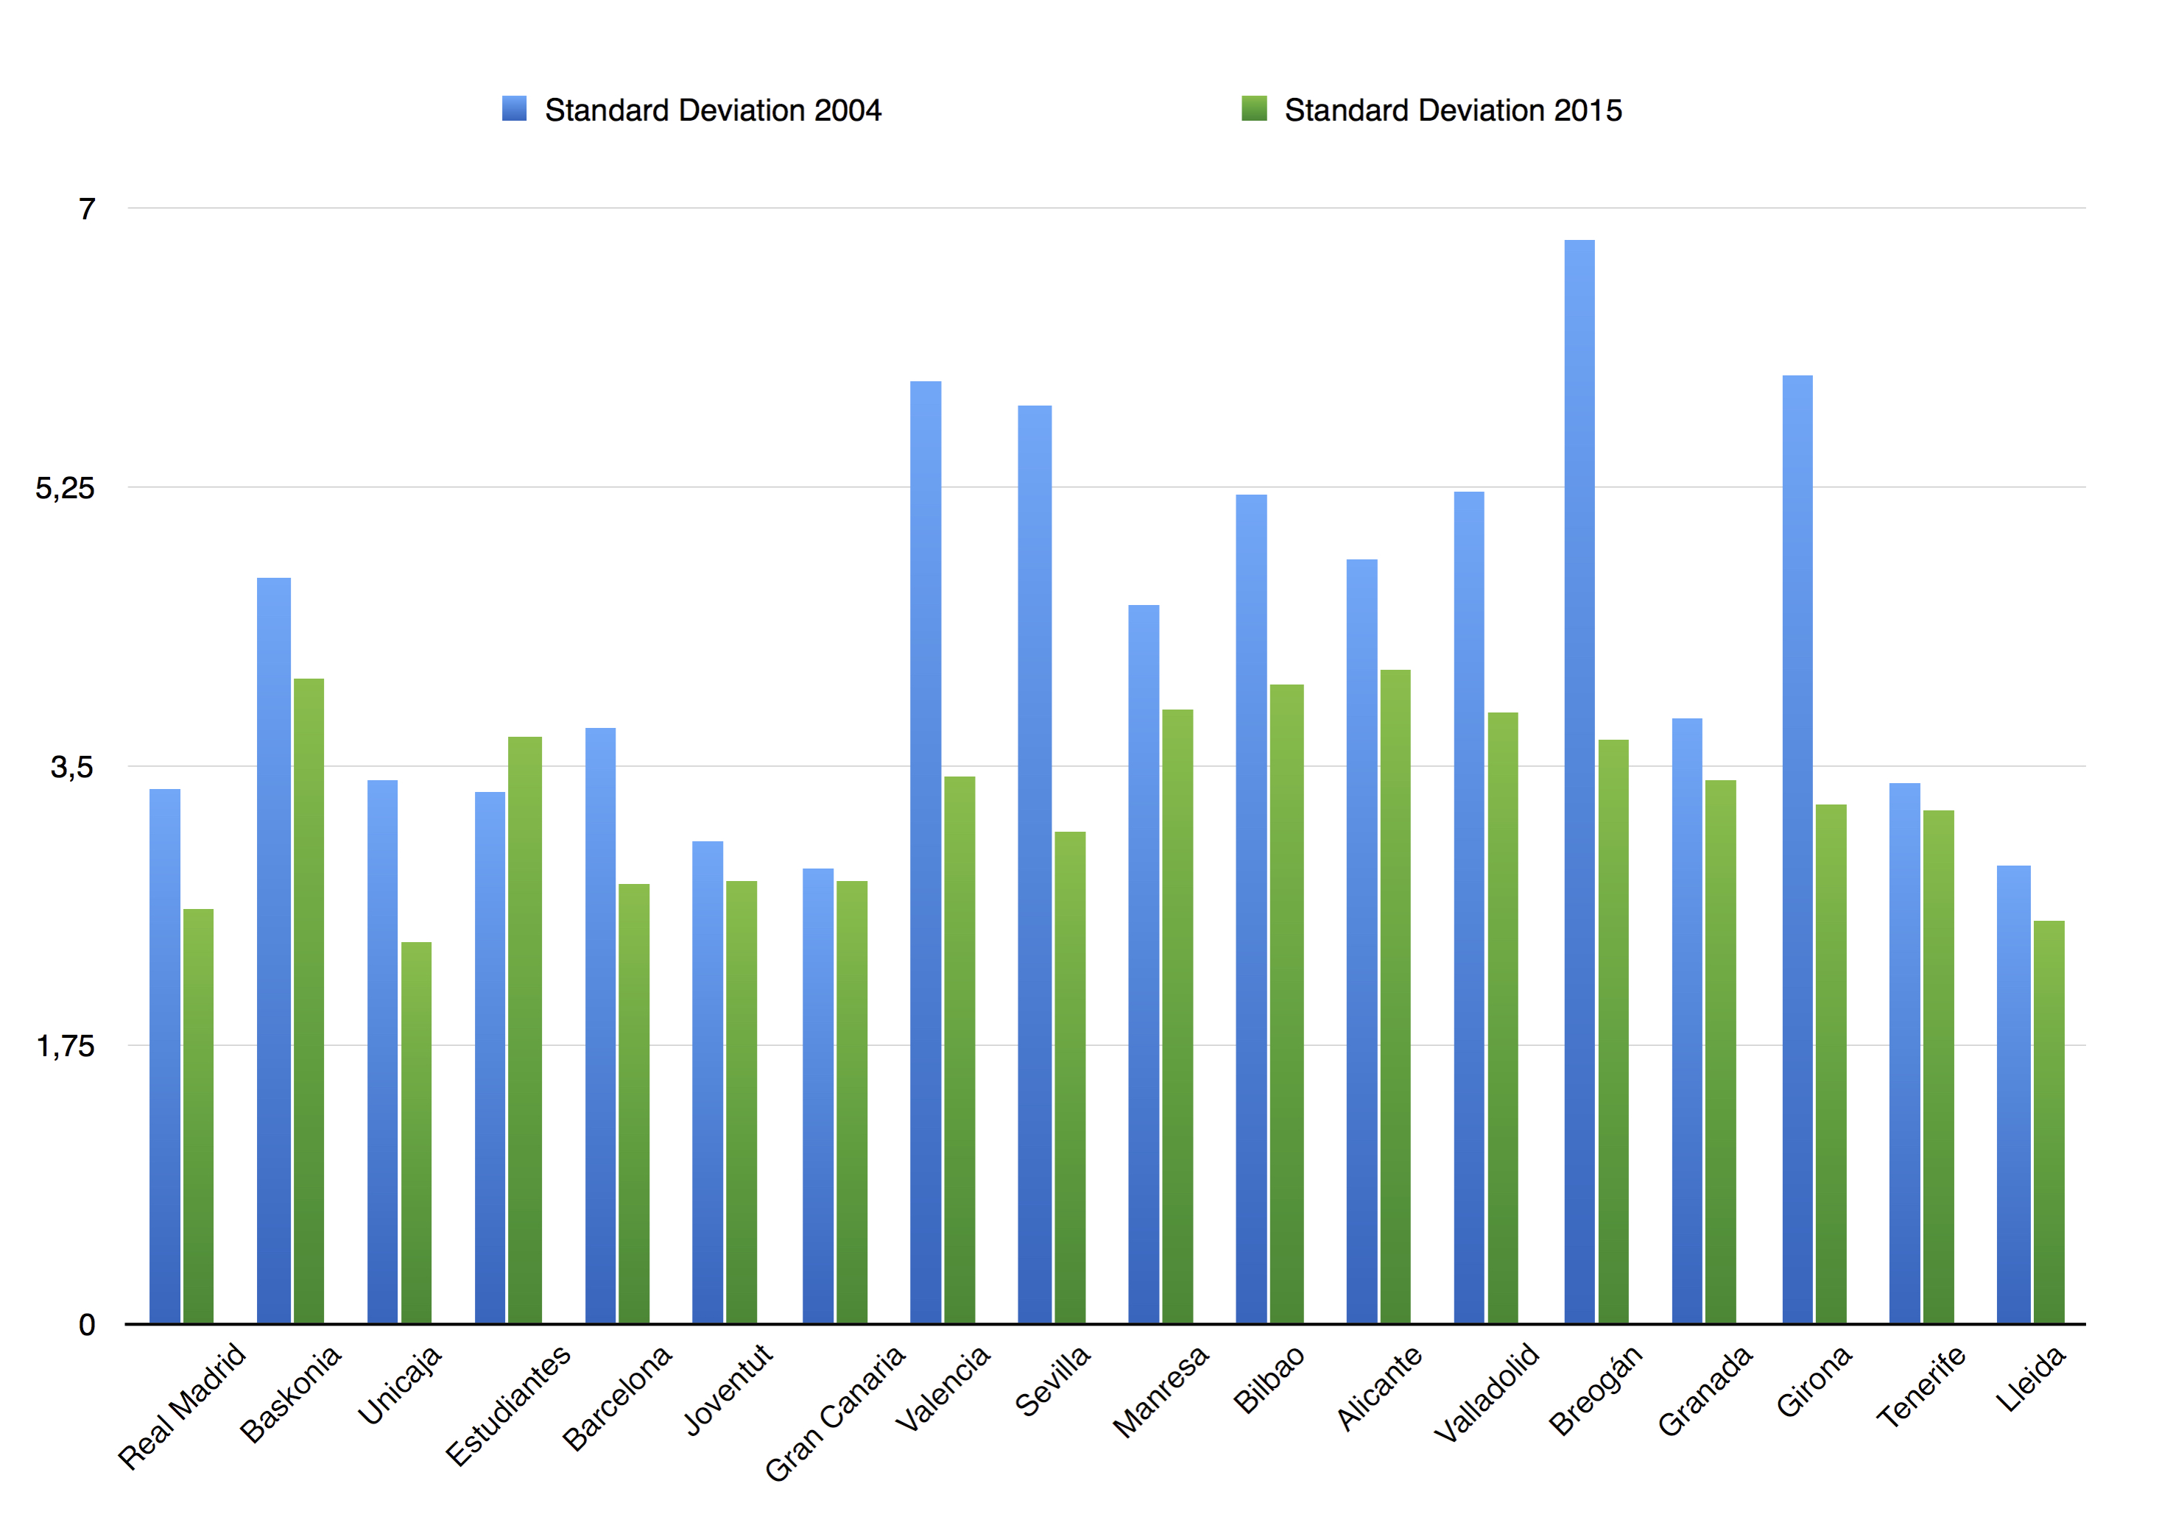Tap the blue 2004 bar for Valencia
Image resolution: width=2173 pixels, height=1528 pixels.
coord(925,852)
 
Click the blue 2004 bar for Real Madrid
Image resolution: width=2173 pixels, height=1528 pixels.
coord(165,1055)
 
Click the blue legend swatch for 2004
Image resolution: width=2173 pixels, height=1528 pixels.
coord(514,109)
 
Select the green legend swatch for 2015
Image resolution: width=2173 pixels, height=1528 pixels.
coord(1253,109)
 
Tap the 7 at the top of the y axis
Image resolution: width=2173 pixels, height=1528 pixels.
coord(87,208)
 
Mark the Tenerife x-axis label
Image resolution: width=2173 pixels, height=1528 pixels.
coord(1920,1386)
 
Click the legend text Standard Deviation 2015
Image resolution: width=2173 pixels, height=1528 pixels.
coord(1452,110)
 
